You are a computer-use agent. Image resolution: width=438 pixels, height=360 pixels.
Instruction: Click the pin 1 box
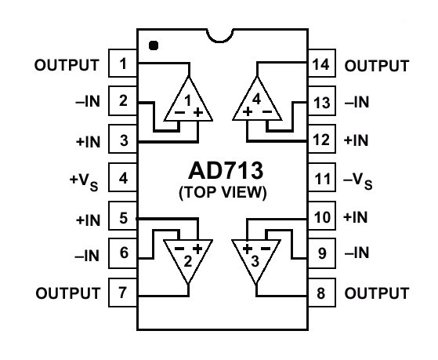coord(123,64)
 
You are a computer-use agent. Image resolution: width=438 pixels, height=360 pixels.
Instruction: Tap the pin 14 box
coord(321,64)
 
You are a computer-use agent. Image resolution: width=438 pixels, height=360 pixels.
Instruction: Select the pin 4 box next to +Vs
coord(123,177)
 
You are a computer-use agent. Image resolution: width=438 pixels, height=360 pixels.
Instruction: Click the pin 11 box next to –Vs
coord(321,177)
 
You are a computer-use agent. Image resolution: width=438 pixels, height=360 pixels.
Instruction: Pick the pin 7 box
coord(123,293)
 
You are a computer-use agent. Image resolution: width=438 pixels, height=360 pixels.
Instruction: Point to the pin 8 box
coord(321,293)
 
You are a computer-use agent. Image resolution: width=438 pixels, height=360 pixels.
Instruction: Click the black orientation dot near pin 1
coord(154,45)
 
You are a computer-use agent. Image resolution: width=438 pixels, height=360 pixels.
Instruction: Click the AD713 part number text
coord(226,171)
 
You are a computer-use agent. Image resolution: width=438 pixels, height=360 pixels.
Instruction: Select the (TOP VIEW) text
coord(223,192)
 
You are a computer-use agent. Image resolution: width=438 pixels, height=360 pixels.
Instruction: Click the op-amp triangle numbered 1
coord(189,99)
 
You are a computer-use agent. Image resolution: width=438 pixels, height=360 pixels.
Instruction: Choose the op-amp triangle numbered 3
coord(256,262)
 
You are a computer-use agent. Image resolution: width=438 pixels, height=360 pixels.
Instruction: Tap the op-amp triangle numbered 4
coord(257,99)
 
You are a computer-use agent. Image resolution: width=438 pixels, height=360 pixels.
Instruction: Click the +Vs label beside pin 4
coord(84,182)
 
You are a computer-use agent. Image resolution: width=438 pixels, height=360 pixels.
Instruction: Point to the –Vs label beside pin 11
coord(358,181)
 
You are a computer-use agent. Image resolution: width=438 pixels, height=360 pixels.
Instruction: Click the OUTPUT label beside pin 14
coord(377,66)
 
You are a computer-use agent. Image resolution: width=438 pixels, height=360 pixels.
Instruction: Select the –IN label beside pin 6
coord(87,256)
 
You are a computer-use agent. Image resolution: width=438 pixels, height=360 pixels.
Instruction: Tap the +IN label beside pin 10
coord(356,217)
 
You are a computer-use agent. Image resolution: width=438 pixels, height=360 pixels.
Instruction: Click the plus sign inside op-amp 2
coord(197,249)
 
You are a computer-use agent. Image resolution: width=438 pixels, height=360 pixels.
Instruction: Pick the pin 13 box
coord(321,101)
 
